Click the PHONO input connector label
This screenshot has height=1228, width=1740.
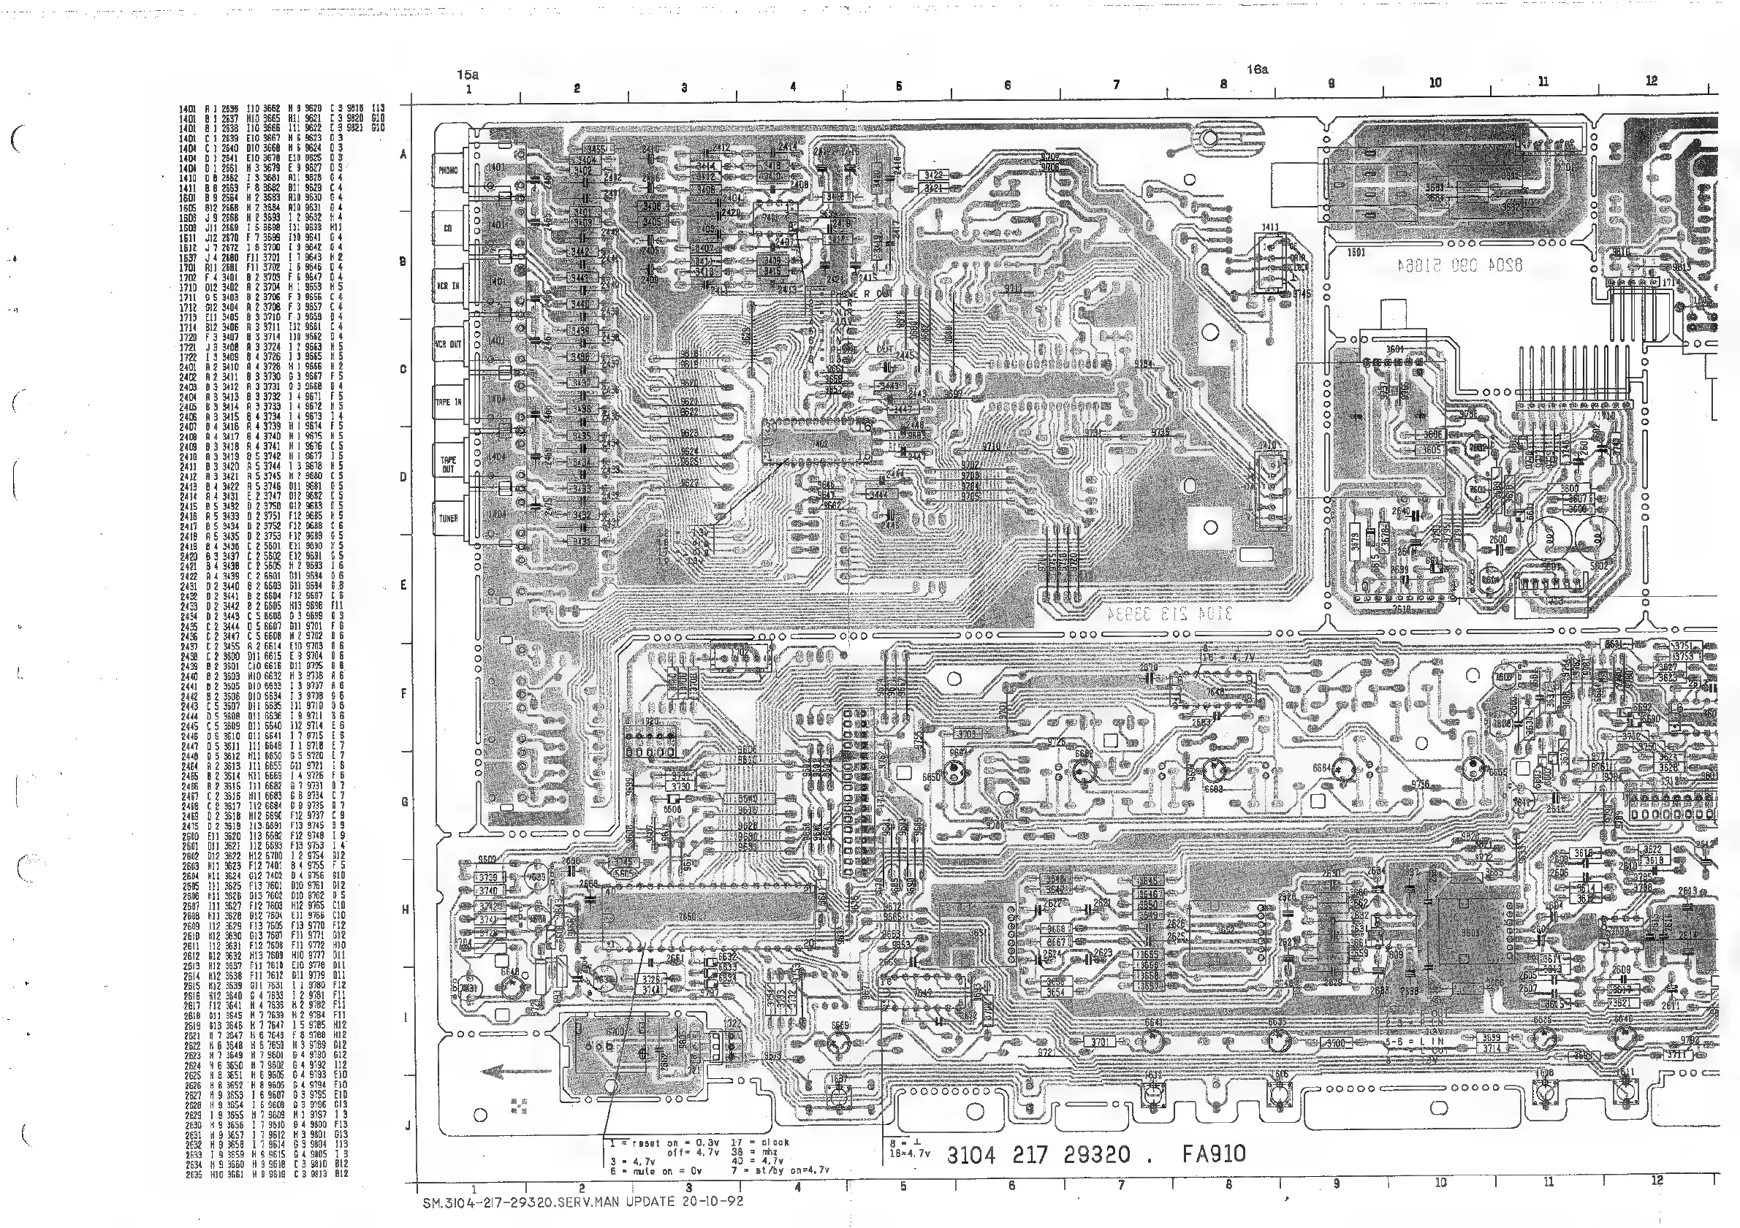[x=448, y=170]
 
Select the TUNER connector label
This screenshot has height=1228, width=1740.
[x=448, y=519]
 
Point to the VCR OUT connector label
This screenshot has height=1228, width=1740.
[x=448, y=344]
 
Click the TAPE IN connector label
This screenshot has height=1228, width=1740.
[x=448, y=403]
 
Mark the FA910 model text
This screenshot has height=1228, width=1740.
[x=1213, y=1153]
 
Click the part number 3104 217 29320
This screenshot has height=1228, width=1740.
[x=1038, y=1154]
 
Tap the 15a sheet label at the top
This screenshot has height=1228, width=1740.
[x=468, y=75]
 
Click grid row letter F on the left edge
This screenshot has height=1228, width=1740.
[x=404, y=693]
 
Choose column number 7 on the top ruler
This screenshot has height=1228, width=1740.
[x=1115, y=85]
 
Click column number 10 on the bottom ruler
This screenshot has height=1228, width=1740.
[x=1440, y=1182]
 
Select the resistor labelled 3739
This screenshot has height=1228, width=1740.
[x=487, y=878]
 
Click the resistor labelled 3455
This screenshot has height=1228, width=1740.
[x=595, y=149]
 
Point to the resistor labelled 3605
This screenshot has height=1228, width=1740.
[x=1431, y=450]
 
